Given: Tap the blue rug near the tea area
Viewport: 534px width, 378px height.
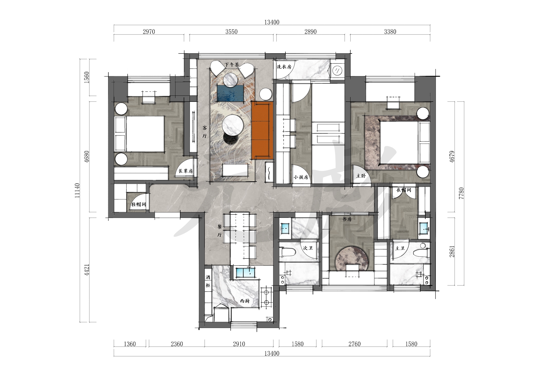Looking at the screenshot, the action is [x=231, y=93].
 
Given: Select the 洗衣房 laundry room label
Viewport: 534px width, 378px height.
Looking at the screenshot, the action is [x=284, y=67].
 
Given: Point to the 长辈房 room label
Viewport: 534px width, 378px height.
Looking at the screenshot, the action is [x=186, y=171].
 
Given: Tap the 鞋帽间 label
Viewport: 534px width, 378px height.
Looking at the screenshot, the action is [x=138, y=205].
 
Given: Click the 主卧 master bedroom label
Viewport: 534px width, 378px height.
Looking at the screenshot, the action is [x=361, y=176].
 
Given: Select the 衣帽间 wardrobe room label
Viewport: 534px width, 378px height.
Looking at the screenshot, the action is [x=403, y=190].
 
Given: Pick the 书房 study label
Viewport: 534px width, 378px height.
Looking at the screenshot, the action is [x=347, y=219].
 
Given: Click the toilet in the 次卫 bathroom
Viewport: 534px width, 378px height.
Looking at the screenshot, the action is [x=288, y=252].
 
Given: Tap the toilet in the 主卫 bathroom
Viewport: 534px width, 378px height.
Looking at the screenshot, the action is [x=421, y=252].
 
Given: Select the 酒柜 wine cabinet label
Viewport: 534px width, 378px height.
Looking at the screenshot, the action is [x=208, y=281].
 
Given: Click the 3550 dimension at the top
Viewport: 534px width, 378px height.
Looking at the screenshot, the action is [x=231, y=32].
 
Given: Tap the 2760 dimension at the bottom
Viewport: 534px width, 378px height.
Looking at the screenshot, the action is [x=354, y=344].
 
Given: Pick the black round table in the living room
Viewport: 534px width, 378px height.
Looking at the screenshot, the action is [x=231, y=139].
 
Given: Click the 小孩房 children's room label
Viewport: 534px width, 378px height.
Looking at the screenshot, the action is [x=301, y=177].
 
